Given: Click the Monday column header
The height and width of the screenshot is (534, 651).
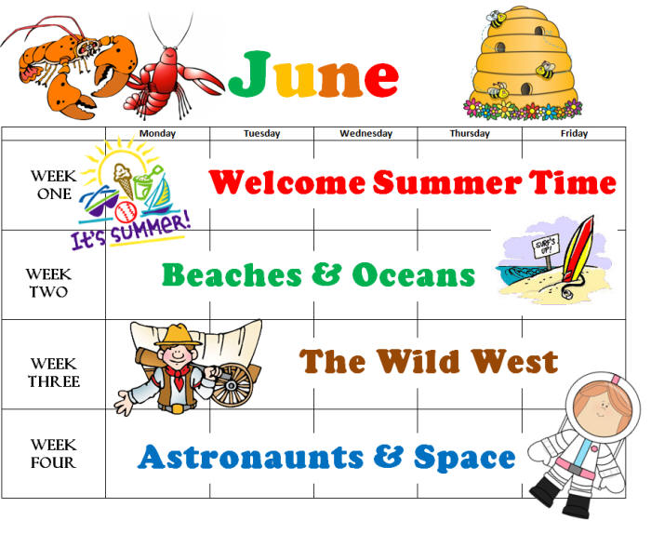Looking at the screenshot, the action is point(157,133).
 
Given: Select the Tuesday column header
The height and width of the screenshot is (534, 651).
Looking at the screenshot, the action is point(261,133).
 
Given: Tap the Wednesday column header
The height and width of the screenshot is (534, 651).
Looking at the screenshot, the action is point(365,133).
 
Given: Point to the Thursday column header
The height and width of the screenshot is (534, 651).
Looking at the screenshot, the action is point(470,133).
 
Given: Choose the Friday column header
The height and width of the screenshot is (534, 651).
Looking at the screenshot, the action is point(574,133).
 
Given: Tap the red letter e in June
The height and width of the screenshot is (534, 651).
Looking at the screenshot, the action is point(381,79).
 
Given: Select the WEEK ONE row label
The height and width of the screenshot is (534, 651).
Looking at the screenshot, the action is point(54,185).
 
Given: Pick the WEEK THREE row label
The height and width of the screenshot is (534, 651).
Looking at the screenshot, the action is point(54,372).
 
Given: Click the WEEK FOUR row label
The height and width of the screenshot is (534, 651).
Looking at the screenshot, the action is point(54,453).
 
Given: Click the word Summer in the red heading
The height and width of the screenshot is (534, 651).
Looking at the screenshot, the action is point(446,182).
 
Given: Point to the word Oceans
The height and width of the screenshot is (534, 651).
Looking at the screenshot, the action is point(414,274).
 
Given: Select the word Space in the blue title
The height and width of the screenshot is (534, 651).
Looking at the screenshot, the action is point(465,458).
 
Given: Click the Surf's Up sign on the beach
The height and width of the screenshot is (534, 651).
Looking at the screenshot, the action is point(546,247).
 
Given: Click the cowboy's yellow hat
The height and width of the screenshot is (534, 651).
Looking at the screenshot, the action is point(179,335).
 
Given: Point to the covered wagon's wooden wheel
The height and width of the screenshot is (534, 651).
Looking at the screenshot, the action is point(232,385).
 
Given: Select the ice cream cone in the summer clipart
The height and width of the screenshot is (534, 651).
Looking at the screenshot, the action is point(124,180).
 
